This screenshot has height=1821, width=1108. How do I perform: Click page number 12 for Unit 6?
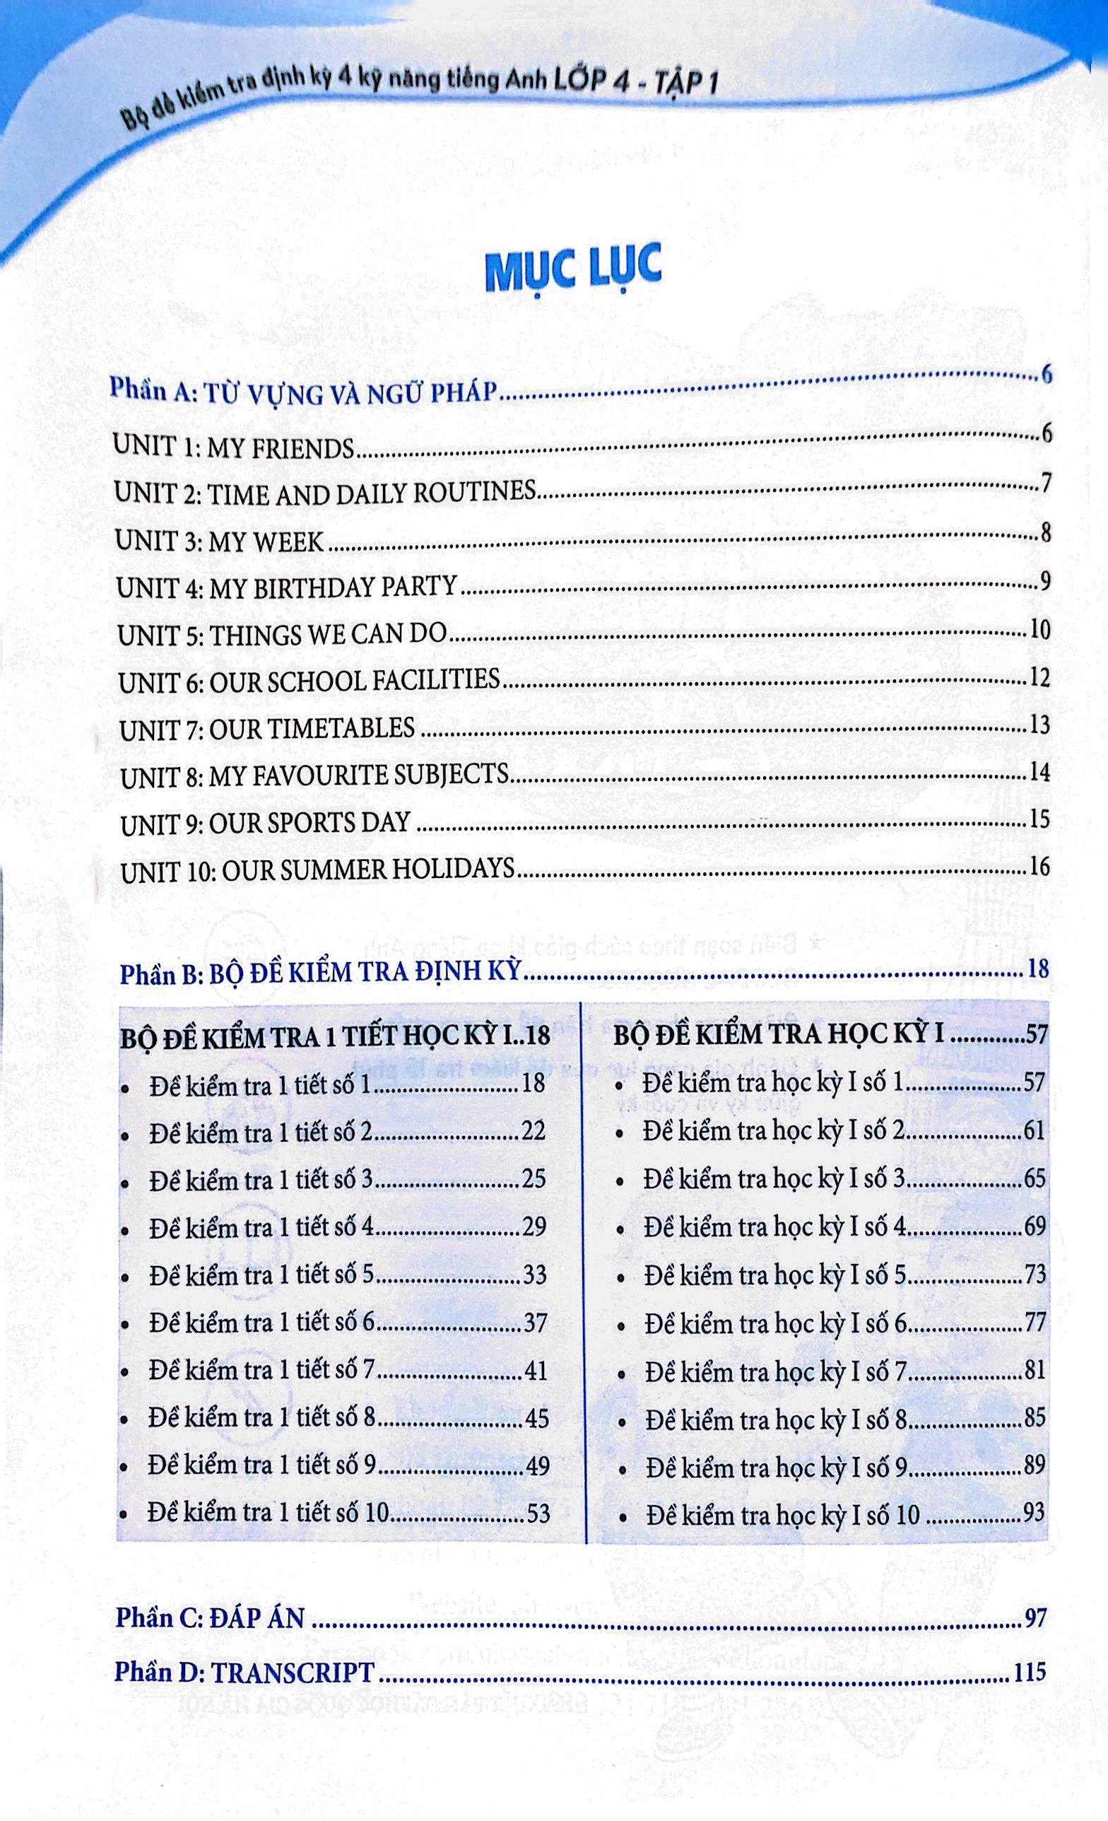pyautogui.click(x=1039, y=678)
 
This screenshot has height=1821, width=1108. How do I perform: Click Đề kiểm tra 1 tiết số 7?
pyautogui.click(x=262, y=1370)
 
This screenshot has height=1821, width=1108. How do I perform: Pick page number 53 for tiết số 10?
pyautogui.click(x=538, y=1513)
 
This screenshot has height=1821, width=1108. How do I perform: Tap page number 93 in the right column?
pyautogui.click(x=1033, y=1512)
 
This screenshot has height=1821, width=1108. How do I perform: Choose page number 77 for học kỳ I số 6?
pyautogui.click(x=1035, y=1321)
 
